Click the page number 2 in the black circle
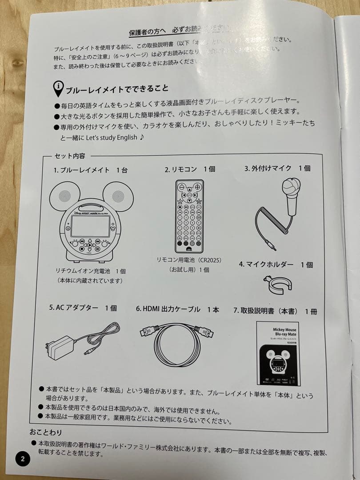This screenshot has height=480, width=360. point(23,459)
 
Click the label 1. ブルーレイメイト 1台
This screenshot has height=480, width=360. point(91,170)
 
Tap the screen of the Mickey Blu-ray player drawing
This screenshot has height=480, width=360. point(90,226)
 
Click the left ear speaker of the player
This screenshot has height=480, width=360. point(64,196)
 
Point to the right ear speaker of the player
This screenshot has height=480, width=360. point(117,196)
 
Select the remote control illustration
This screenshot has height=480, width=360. point(189,216)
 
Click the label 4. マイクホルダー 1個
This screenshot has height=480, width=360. point(276,264)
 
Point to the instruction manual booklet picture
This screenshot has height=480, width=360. point(277,352)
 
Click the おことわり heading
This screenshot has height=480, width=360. point(46,432)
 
